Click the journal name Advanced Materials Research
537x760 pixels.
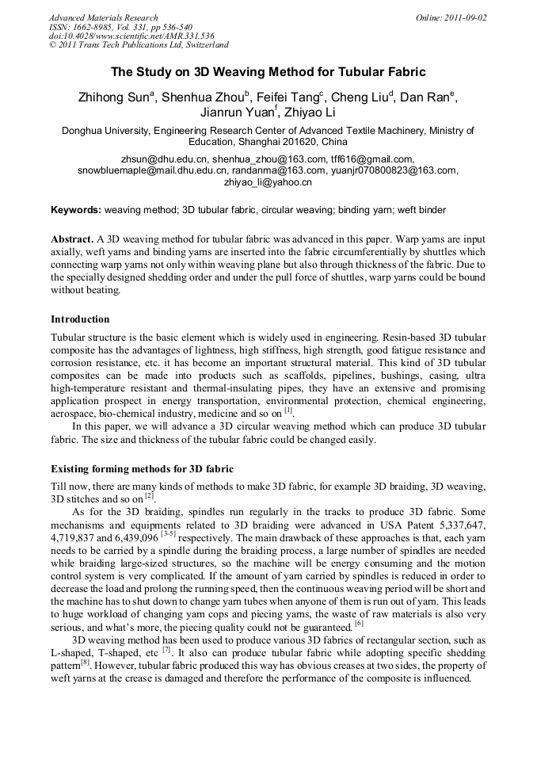103,17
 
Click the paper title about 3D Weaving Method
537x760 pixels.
268,72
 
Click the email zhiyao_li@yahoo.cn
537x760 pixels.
268,182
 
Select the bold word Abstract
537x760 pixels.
72,239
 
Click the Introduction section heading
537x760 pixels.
80,319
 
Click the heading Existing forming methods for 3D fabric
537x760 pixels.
142,468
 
